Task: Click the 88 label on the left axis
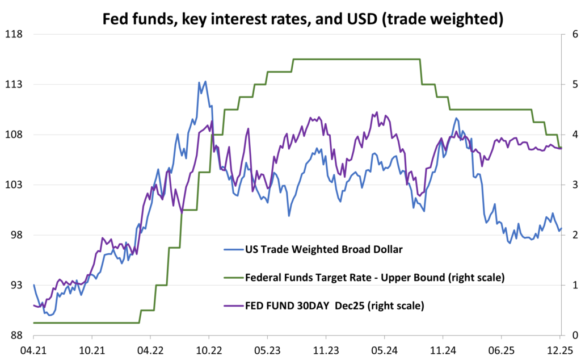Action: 15,335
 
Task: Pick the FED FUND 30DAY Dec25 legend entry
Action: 334,306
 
